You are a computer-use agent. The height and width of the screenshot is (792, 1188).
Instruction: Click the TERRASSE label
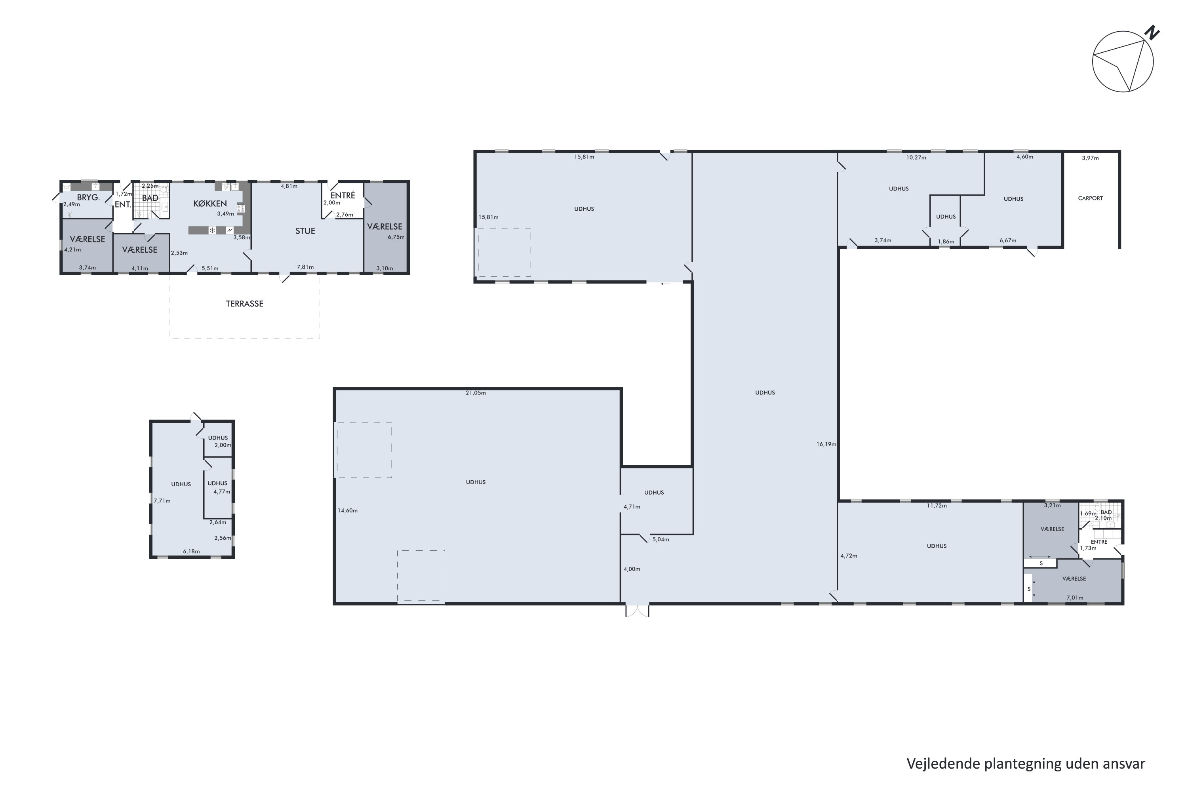click(x=244, y=304)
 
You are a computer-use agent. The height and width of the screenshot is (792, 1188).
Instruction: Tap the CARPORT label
click(x=1090, y=198)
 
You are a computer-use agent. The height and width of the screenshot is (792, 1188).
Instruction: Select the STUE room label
click(x=305, y=231)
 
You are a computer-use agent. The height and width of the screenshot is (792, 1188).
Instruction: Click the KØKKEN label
click(x=210, y=204)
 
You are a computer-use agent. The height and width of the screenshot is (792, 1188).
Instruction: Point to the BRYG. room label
click(x=88, y=198)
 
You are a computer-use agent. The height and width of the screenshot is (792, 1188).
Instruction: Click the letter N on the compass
click(x=1152, y=33)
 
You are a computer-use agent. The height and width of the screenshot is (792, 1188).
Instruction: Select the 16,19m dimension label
click(x=826, y=444)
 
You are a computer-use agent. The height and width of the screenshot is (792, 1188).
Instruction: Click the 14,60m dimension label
click(x=348, y=511)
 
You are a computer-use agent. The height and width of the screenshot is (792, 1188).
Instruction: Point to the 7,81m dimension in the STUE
click(x=305, y=267)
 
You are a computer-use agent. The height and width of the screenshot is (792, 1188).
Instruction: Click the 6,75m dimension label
click(x=396, y=237)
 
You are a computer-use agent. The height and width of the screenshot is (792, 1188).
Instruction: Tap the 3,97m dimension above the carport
click(x=1090, y=158)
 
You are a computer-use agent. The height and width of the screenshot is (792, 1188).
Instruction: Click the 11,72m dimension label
click(x=937, y=506)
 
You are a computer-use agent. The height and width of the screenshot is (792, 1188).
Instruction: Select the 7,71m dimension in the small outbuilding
click(x=162, y=501)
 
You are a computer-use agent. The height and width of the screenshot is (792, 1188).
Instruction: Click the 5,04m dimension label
click(x=660, y=539)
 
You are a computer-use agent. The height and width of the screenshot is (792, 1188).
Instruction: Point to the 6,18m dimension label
click(x=191, y=552)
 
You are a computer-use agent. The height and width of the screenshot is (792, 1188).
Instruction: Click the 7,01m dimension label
click(x=1074, y=598)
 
